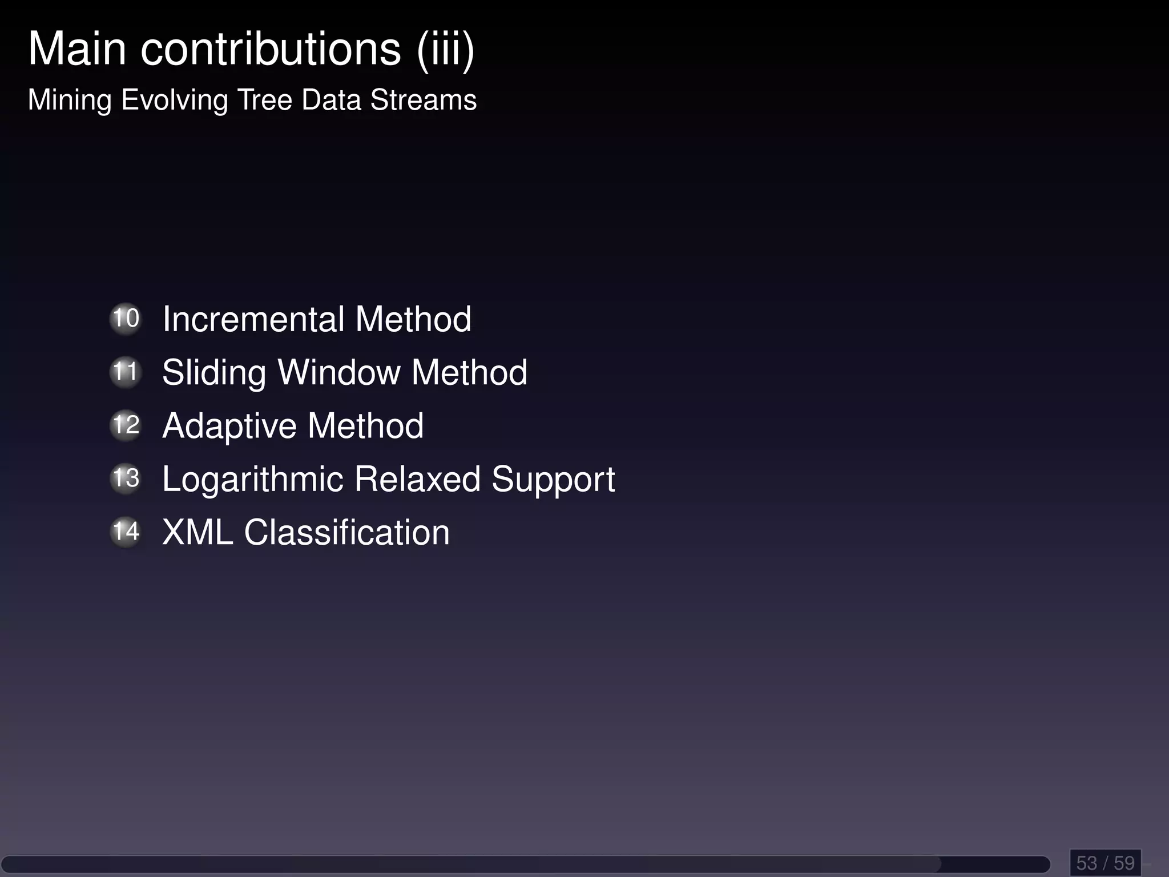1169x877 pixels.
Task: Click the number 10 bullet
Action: tap(126, 319)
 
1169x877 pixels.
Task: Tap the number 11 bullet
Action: tap(126, 372)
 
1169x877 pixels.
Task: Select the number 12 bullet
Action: tap(126, 425)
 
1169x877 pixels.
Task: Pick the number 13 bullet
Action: tap(126, 478)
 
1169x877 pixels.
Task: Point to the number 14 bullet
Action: tap(126, 532)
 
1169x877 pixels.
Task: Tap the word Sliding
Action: tap(214, 373)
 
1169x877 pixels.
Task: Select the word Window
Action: tap(339, 372)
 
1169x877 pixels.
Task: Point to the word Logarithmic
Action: tap(253, 480)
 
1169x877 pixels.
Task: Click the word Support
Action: tap(553, 480)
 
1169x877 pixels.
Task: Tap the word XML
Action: tap(197, 532)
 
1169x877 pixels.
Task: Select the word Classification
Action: tap(347, 532)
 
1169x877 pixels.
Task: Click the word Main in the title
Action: tap(77, 49)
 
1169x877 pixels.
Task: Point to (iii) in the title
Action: tap(446, 50)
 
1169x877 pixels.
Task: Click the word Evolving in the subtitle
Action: tap(175, 100)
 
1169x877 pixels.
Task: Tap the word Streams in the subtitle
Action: tap(424, 100)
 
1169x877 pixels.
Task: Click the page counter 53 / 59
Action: tap(1105, 862)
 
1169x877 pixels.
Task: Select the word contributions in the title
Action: tap(271, 49)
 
